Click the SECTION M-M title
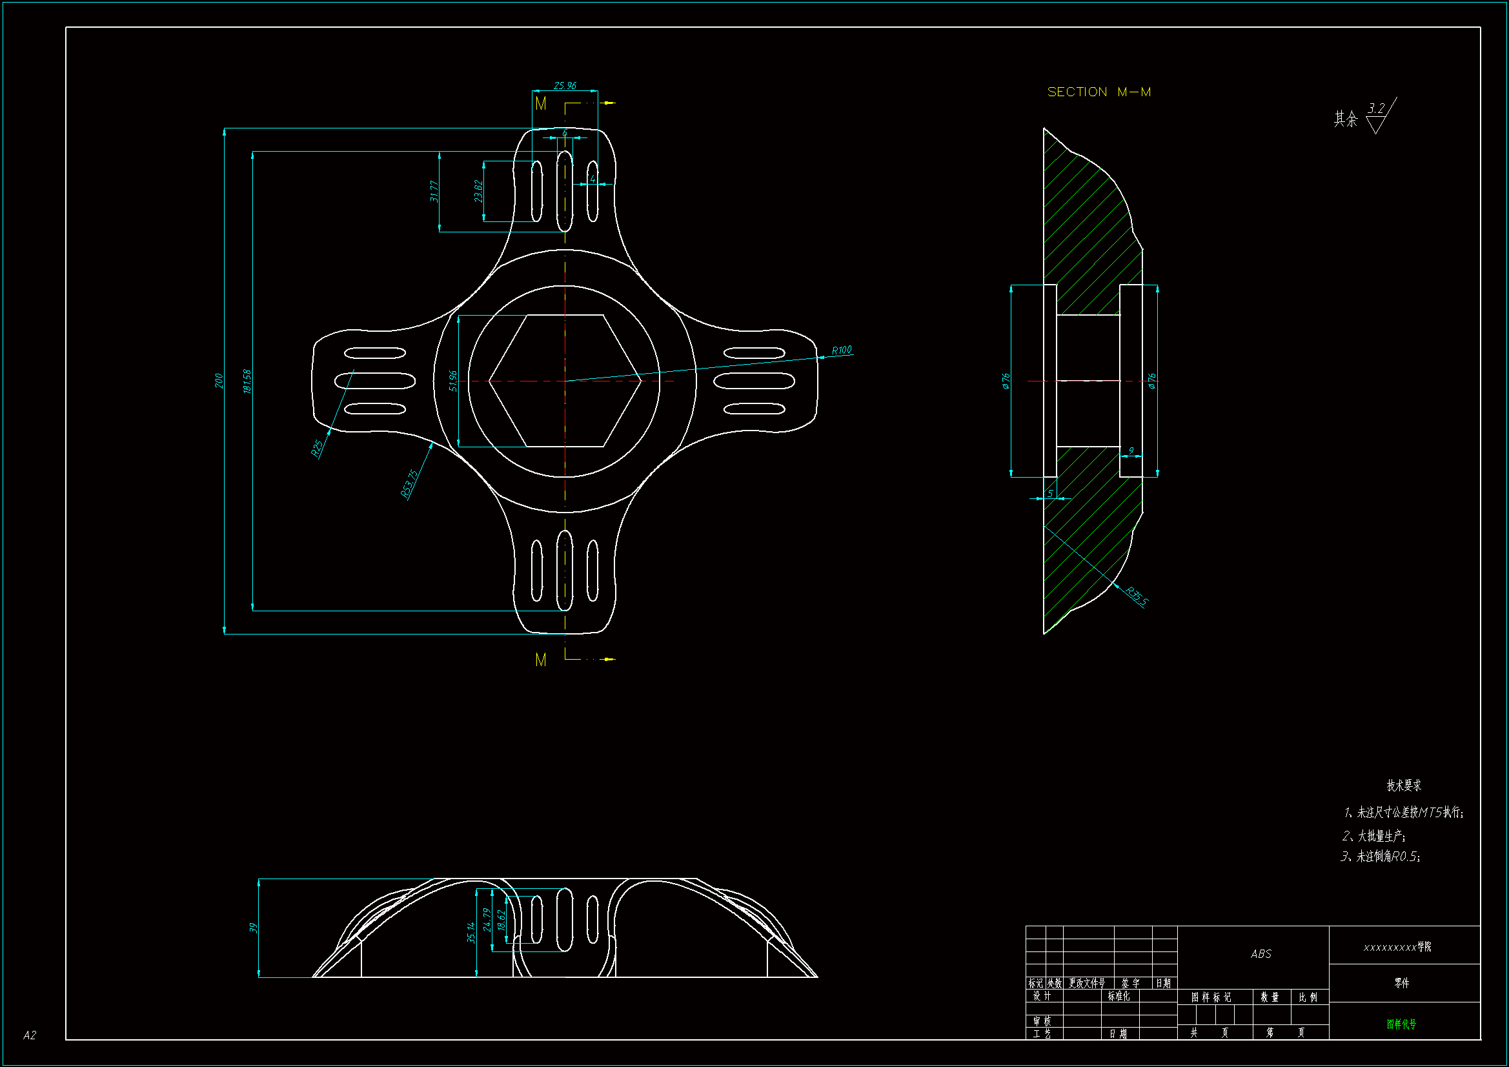point(1099,92)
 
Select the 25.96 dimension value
point(565,85)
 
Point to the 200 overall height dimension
point(219,381)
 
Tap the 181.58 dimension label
point(247,381)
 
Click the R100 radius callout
point(841,350)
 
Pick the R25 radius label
point(317,448)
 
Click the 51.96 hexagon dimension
point(453,381)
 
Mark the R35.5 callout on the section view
point(1137,596)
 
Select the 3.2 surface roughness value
point(1376,108)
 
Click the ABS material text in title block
point(1261,953)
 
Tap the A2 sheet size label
point(30,1035)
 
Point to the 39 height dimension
point(254,928)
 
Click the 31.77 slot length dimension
point(434,190)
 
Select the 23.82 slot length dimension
point(478,190)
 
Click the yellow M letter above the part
point(540,103)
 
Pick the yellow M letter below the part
point(540,660)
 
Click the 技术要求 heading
point(1403,785)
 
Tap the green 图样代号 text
point(1401,1024)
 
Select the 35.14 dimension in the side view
point(471,932)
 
